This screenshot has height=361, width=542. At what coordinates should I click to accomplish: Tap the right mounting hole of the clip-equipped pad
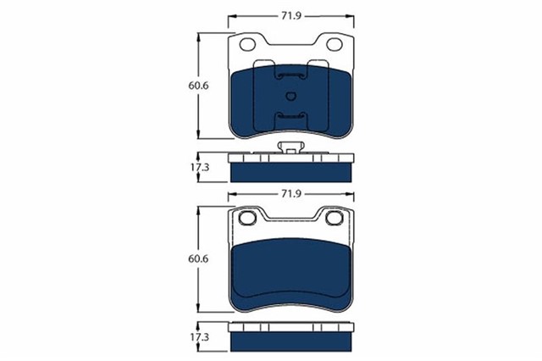(333, 44)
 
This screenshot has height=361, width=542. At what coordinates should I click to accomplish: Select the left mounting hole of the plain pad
(249, 219)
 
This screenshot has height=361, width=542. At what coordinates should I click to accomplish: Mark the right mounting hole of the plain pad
(333, 219)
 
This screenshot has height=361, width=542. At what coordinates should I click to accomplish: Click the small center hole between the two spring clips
(291, 95)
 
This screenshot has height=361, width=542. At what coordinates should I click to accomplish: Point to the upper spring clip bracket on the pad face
(291, 76)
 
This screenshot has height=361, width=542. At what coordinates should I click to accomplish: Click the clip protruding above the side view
(291, 149)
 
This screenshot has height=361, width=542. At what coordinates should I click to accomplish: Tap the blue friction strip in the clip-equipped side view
(291, 169)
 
